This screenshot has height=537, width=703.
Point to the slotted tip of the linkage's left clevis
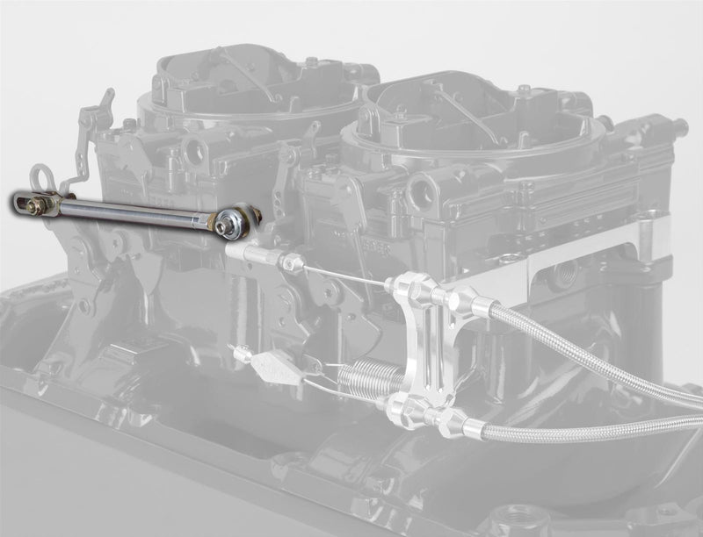click(x=19, y=202)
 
